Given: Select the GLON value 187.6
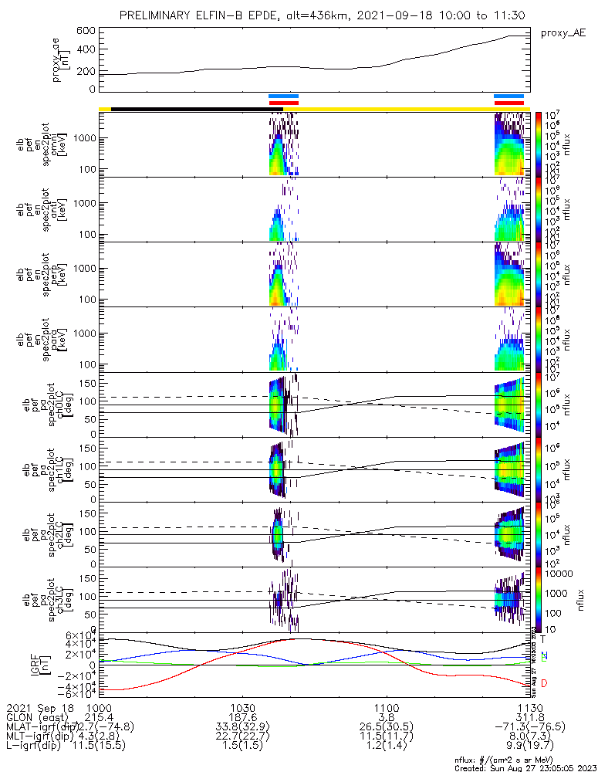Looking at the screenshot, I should [242, 718].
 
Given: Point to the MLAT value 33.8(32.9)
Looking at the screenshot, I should [242, 728].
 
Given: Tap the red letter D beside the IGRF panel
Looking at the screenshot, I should [544, 684].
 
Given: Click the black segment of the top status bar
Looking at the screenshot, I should [189, 109].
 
